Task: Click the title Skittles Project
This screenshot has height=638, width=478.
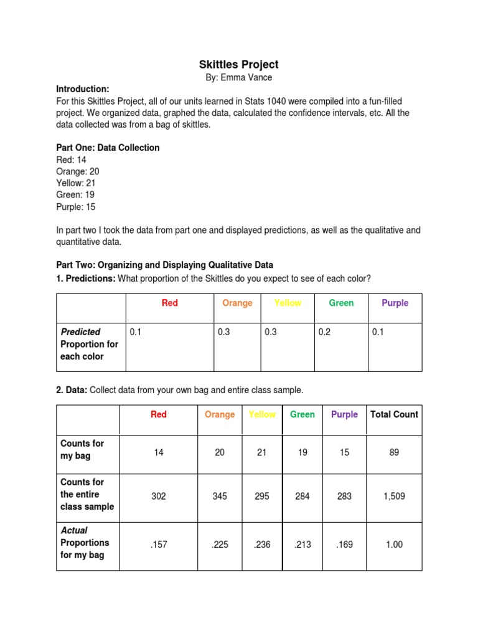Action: click(x=239, y=64)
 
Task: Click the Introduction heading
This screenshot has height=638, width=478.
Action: click(x=83, y=88)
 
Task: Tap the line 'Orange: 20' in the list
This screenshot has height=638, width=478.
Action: click(x=77, y=171)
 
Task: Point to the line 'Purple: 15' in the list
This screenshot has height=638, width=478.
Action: click(x=76, y=207)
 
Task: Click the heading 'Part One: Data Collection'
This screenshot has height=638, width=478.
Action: click(x=108, y=148)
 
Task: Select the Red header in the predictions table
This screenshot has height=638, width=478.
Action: click(x=170, y=303)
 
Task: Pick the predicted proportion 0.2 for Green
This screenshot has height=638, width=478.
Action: click(x=324, y=332)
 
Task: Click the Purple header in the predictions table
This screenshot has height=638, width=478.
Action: click(x=395, y=303)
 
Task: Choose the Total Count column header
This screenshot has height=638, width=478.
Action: click(x=395, y=414)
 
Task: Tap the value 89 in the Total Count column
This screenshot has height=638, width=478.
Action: click(x=394, y=453)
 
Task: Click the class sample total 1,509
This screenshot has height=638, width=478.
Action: click(x=394, y=497)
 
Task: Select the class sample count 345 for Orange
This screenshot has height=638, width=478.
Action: click(x=220, y=497)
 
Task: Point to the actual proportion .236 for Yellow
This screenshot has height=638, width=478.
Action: click(x=261, y=545)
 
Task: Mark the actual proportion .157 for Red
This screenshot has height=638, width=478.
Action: click(x=159, y=545)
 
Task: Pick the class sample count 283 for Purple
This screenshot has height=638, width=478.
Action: click(x=344, y=497)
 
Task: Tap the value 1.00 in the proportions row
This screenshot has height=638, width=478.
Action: click(x=394, y=545)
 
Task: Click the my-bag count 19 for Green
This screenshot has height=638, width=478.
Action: click(x=302, y=453)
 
